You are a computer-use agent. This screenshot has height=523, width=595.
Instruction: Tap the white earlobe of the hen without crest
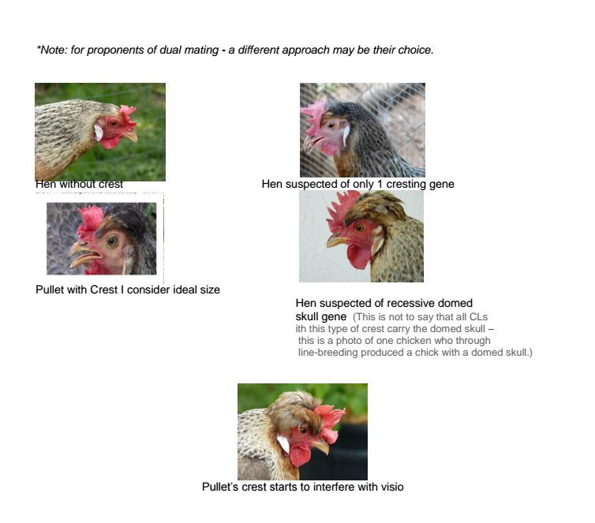[99, 133]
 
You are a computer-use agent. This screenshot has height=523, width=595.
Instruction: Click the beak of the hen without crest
[131, 135]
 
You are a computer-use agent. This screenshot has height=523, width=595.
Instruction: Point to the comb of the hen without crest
[127, 114]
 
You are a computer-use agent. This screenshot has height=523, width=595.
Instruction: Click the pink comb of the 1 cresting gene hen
[313, 117]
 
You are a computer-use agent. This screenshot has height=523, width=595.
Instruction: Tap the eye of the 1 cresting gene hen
[331, 125]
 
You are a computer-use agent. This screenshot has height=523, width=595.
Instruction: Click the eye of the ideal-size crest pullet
[112, 241]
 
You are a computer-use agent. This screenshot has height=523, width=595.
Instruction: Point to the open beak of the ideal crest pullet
[84, 254]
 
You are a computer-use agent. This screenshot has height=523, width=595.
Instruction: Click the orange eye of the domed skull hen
[359, 228]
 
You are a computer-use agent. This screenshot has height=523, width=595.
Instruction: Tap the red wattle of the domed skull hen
[358, 256]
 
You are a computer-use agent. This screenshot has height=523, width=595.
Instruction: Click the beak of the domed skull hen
[336, 240]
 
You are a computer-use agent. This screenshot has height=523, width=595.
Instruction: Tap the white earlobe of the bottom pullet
[283, 444]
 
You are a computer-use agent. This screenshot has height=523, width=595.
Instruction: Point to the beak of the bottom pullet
[321, 446]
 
